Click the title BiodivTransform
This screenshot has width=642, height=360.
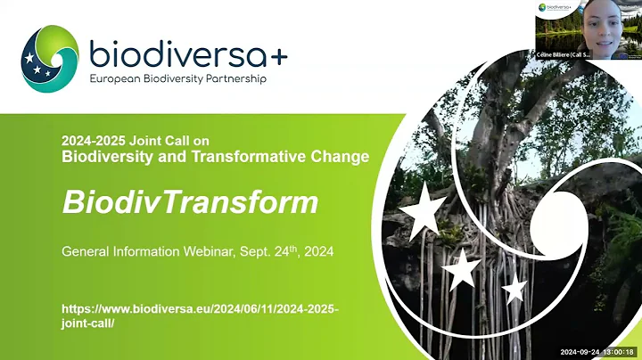pos(189,202)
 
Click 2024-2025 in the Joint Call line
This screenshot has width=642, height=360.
pos(95,141)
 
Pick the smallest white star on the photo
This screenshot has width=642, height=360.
pos(514,288)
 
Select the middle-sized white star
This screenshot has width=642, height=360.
pos(461,268)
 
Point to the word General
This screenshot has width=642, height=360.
pos(86,252)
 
